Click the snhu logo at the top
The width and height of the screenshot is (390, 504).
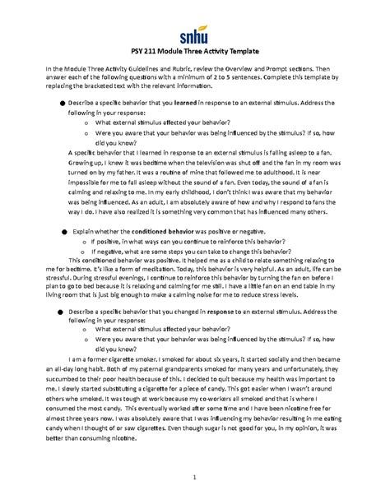tap(195, 33)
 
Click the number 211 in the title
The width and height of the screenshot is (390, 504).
tap(160, 52)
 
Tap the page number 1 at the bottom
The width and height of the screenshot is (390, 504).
tap(195, 478)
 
